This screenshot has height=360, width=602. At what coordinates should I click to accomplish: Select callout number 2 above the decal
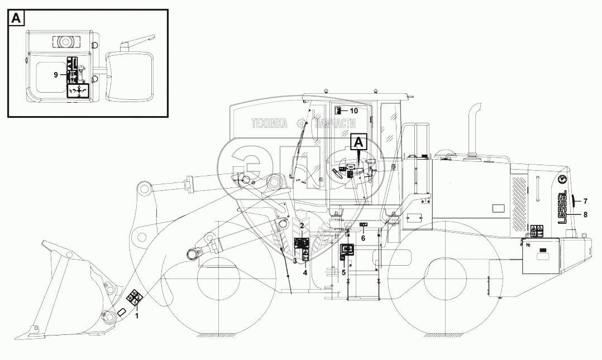[302, 225]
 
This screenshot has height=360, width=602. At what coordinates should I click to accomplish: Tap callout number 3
[294, 261]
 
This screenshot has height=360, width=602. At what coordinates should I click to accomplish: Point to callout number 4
[305, 273]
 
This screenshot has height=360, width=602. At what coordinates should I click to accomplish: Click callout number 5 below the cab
[343, 272]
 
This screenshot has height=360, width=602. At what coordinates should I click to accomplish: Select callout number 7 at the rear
[585, 201]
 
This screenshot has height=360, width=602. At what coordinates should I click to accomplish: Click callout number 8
[585, 214]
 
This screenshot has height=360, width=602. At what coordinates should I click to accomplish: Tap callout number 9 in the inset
[56, 74]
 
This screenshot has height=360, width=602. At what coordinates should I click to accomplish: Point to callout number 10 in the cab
[355, 111]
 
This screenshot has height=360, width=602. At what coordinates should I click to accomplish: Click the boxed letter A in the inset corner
[17, 18]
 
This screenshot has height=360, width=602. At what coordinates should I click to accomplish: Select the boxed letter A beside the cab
[359, 143]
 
